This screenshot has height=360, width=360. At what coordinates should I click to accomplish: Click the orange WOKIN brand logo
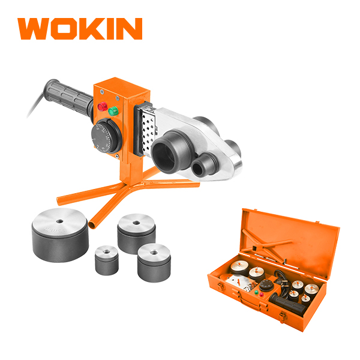tap(80, 29)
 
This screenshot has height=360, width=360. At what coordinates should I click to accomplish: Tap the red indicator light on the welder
tap(103, 107)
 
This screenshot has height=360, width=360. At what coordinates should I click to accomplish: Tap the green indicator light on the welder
tap(113, 112)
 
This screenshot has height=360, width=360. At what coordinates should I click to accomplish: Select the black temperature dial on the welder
tap(104, 137)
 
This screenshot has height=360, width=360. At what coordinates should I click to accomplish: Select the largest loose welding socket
tap(60, 235)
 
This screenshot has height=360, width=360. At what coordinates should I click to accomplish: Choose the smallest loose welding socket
tap(107, 260)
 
